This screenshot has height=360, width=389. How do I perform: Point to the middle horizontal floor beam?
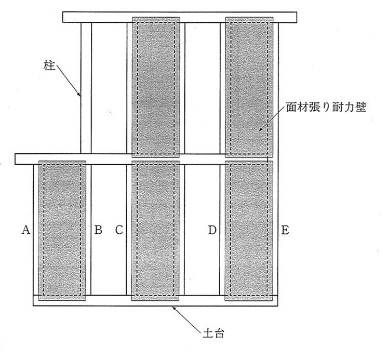(x=145, y=158)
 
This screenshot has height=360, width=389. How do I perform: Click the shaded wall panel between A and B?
(x=62, y=229)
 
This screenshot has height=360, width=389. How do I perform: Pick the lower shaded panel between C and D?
(x=155, y=229)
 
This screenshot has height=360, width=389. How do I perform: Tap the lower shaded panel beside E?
(x=249, y=229)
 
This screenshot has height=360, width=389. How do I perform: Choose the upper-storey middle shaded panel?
(x=155, y=87)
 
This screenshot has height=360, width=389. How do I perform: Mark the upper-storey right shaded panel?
(x=249, y=87)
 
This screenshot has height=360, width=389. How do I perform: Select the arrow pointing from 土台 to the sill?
(x=187, y=317)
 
